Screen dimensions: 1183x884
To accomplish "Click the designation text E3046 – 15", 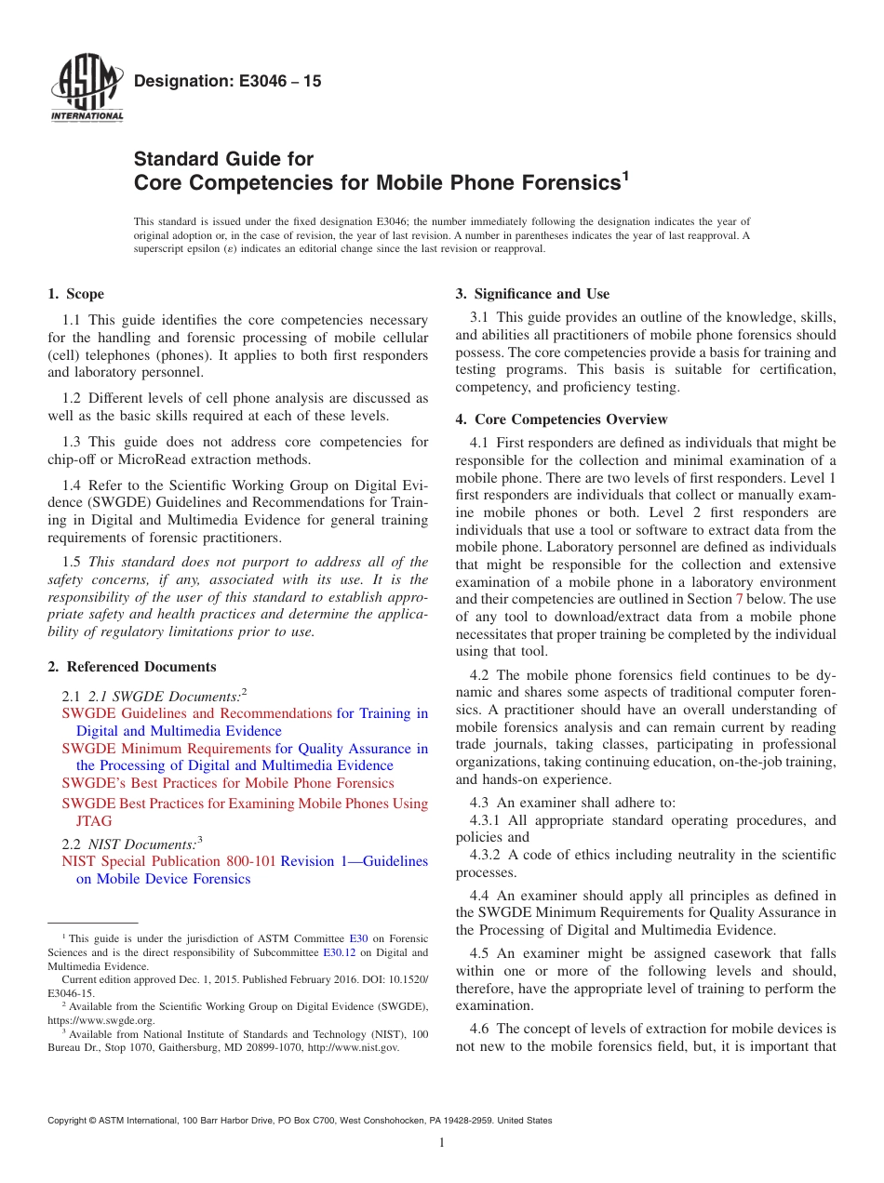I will point(228,82).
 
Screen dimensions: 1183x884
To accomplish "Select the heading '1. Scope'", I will point(75,295).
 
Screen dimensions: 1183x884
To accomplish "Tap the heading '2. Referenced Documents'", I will point(132,667).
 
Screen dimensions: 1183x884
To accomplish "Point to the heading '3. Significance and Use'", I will point(532,295).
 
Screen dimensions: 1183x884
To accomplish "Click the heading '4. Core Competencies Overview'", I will point(561,419).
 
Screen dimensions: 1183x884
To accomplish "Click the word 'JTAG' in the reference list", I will point(94,821).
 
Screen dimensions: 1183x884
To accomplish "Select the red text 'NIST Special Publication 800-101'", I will point(168,861).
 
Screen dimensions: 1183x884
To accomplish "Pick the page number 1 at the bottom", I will point(442,1143).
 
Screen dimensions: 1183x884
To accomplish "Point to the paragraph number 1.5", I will point(73,561).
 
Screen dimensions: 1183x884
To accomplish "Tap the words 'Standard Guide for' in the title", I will point(224,159).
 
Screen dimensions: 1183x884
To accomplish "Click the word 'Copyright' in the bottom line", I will point(68,1121).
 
